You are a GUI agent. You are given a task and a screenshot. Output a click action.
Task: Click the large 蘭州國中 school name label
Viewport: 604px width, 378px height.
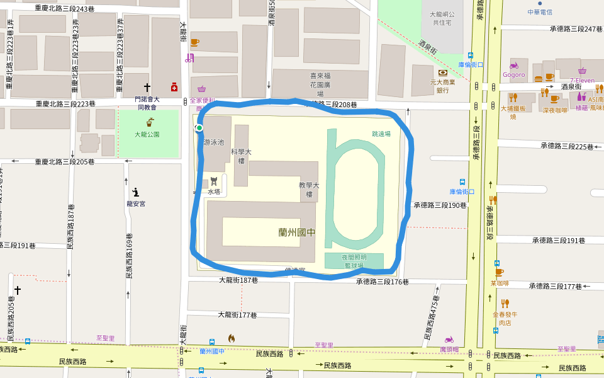297,232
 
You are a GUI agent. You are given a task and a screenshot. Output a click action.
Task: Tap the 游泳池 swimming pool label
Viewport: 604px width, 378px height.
214,142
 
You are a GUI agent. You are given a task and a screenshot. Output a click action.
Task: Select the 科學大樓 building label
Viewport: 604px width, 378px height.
241,156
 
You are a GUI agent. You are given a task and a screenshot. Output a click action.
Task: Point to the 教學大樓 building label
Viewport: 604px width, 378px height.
309,190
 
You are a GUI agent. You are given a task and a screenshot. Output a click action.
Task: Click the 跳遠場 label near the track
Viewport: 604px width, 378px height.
381,134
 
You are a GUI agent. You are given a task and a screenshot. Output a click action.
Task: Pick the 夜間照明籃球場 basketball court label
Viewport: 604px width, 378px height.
354,261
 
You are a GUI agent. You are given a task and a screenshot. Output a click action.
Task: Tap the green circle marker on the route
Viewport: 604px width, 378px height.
199,128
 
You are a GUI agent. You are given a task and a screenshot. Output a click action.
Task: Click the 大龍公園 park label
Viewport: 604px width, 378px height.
147,134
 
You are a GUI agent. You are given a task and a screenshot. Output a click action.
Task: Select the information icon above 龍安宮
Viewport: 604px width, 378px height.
135,192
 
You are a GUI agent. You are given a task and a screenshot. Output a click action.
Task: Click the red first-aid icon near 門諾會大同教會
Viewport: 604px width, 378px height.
174,87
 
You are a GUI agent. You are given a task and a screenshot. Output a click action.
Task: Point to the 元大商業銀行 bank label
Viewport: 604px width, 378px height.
443,86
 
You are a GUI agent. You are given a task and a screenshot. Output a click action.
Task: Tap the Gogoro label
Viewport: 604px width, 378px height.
513,74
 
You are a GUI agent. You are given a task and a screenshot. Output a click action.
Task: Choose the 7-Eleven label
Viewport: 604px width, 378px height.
582,81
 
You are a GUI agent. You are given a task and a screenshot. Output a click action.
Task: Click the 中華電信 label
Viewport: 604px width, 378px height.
539,12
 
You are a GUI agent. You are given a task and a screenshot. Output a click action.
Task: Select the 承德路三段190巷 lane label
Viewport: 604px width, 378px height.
440,205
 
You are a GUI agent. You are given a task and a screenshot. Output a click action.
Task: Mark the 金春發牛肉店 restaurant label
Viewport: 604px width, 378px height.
505,318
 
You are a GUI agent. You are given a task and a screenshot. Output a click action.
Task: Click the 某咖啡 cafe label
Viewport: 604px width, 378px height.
500,283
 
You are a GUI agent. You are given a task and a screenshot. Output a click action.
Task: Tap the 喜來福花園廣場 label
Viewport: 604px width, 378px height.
320,83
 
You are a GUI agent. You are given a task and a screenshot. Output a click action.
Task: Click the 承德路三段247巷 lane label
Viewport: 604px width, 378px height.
576,29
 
